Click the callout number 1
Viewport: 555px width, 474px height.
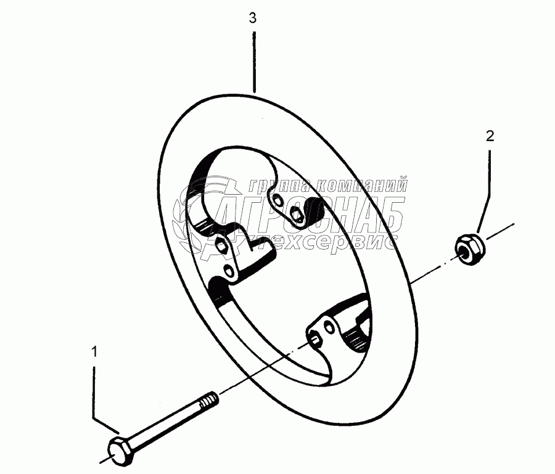tap(94, 352)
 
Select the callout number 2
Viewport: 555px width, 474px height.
tap(490, 136)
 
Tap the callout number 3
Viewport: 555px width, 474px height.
tap(253, 18)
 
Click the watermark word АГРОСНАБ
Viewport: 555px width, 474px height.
tap(308, 213)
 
